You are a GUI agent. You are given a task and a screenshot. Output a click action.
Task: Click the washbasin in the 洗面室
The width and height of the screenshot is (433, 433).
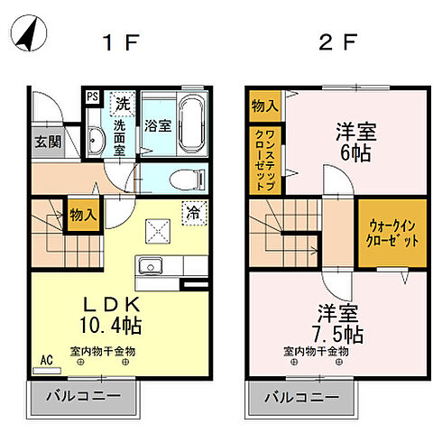click(97, 139)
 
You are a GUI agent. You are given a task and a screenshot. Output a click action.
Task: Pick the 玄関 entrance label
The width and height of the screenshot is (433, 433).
click(48, 141)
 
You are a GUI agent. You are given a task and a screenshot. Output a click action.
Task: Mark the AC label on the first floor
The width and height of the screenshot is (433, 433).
click(46, 360)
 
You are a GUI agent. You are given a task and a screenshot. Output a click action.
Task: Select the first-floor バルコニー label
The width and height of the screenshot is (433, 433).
click(87, 395)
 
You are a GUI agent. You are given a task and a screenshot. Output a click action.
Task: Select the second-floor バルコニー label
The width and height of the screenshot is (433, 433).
click(301, 395)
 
